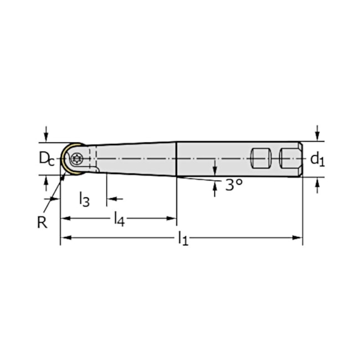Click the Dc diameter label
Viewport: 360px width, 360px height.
47,158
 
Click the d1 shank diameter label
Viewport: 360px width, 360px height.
317,160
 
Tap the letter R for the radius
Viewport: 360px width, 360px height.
42,222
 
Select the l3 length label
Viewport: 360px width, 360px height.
84,198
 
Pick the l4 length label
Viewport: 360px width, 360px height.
119,219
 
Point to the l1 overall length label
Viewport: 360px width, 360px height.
183,239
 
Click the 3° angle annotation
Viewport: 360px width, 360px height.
234,185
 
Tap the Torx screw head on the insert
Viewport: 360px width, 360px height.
78,158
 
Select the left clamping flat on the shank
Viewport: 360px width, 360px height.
259,158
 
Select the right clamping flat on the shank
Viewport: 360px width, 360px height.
288,158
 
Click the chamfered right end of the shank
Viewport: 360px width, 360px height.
300,159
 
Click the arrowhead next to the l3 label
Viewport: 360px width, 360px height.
111,198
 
